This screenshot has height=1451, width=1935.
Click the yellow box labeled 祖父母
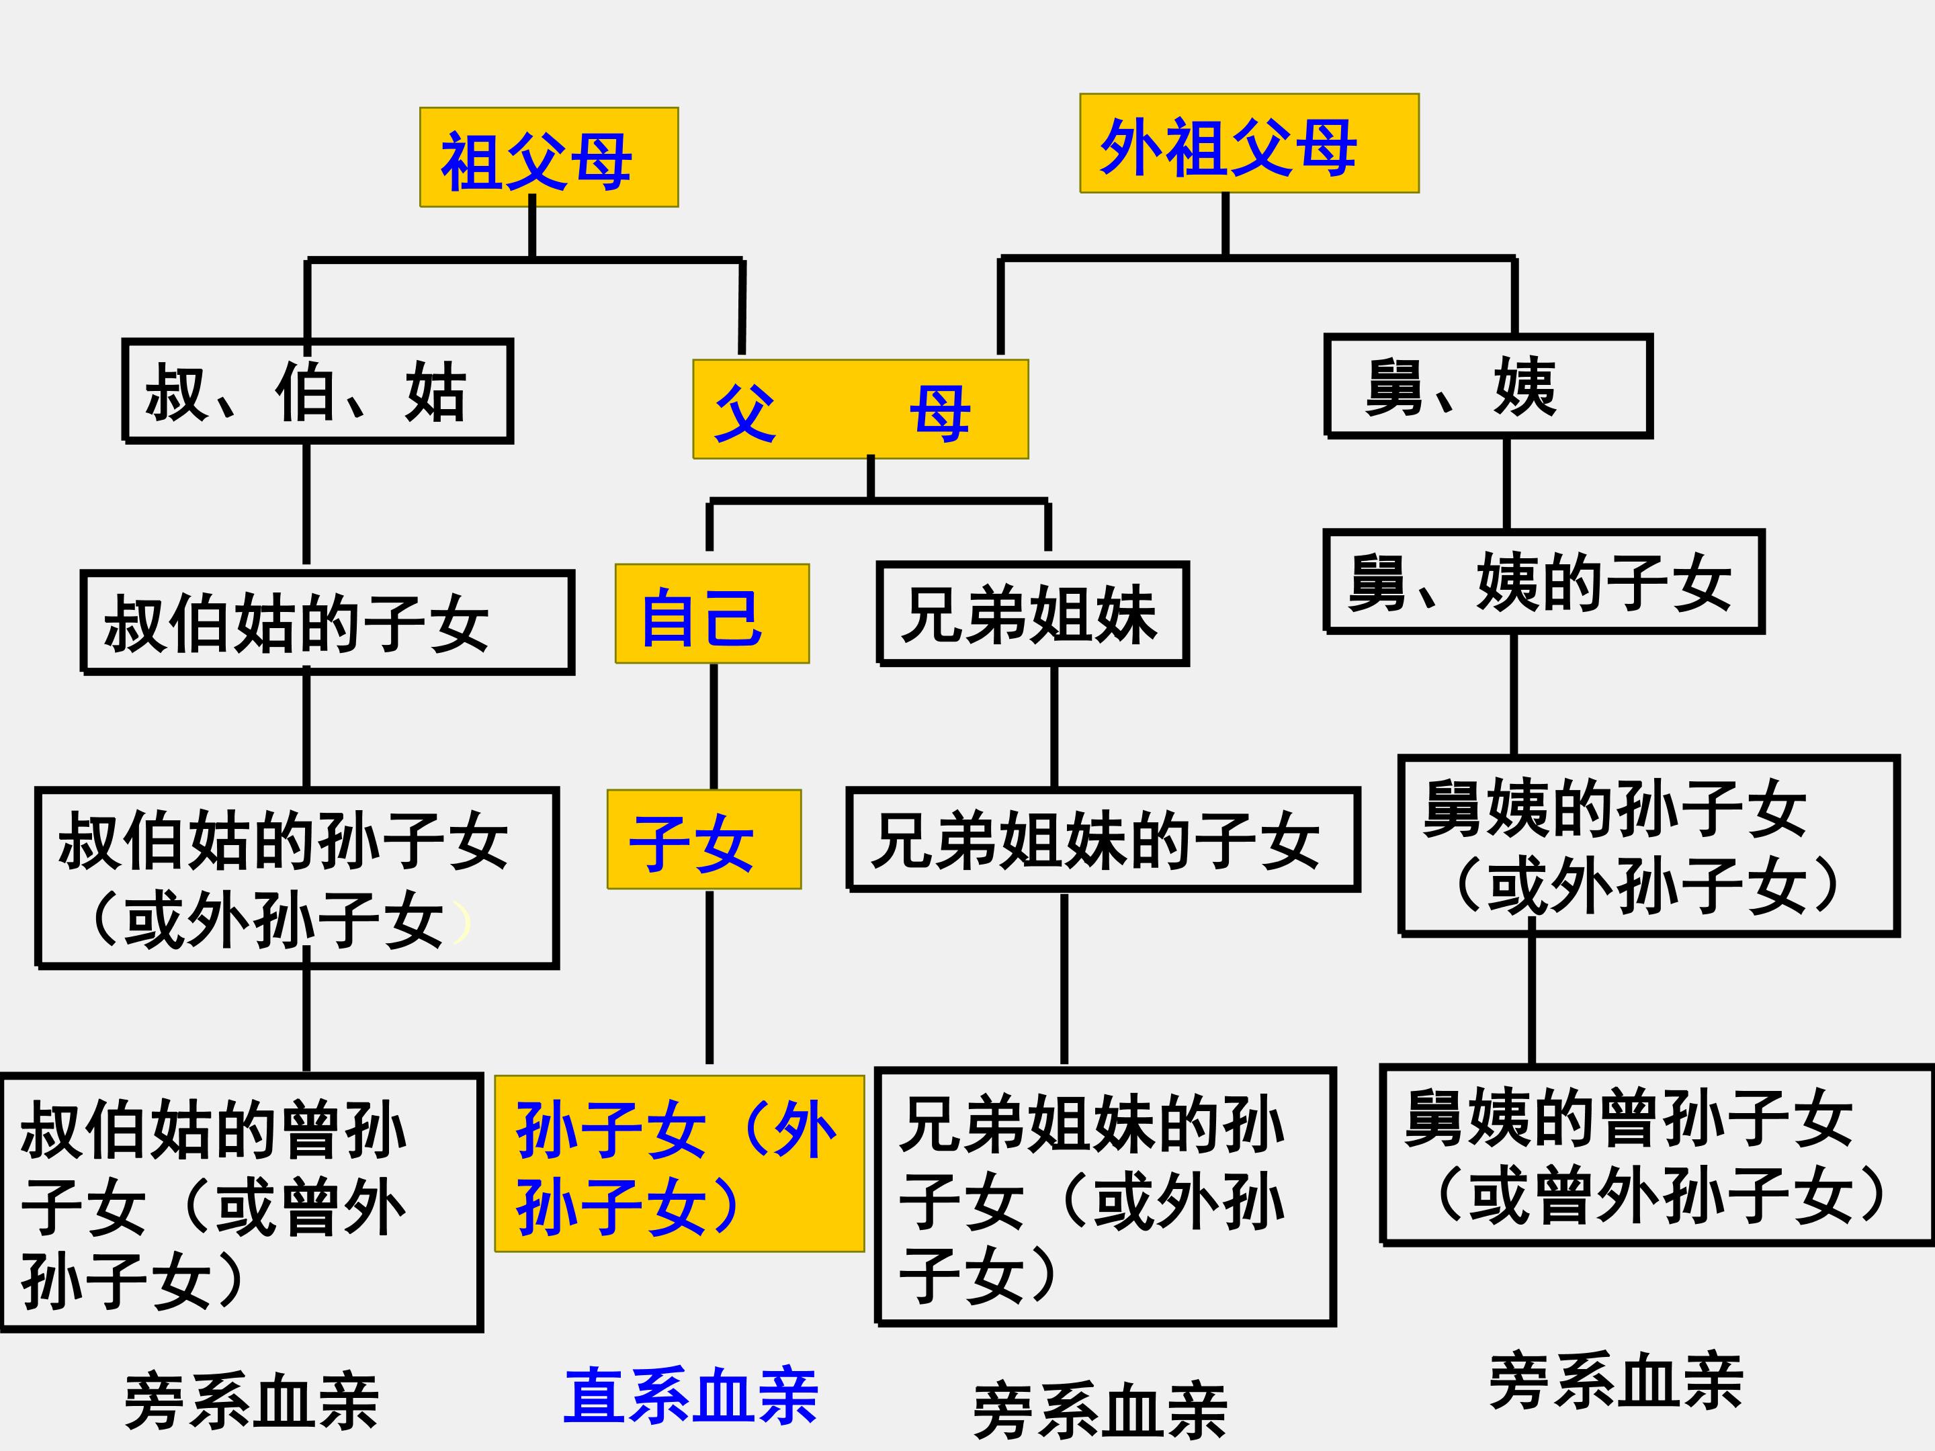coord(548,157)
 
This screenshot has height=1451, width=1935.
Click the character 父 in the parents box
coord(745,413)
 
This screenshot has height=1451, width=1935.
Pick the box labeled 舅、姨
coord(1488,386)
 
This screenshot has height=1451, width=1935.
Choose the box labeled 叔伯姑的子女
coord(327,622)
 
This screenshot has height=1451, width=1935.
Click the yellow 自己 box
coord(712,614)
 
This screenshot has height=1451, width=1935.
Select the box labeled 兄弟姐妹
coord(1032,614)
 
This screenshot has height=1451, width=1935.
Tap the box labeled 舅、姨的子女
coord(1543,582)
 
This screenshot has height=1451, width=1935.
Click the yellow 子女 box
coord(704,840)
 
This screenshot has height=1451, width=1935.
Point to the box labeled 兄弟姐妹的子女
coord(1103,840)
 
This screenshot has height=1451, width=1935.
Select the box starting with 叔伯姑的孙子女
coord(296,878)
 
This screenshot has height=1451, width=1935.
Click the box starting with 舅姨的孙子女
coord(1648,846)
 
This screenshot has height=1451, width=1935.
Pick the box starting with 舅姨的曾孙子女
coord(1657,1155)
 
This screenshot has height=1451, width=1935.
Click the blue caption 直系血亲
coord(690,1396)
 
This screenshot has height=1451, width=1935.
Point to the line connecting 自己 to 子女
coord(714,726)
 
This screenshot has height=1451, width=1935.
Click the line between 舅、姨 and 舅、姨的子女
coord(1506,483)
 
